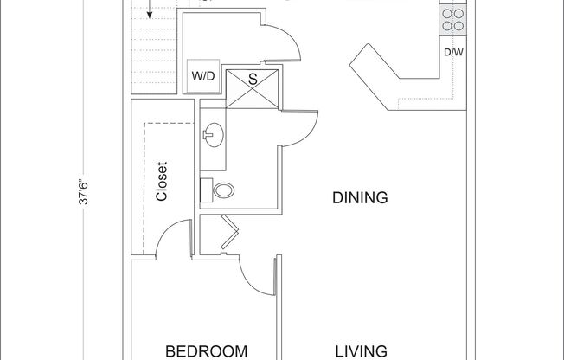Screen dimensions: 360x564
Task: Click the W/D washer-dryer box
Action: (203, 75)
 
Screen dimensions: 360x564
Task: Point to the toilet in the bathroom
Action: (221, 190)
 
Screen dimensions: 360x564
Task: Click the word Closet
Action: (162, 182)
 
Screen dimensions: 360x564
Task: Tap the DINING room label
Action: (360, 197)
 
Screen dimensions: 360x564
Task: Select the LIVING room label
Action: (360, 350)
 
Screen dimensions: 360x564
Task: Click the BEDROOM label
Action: (207, 350)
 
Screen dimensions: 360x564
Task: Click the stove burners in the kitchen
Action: (452, 19)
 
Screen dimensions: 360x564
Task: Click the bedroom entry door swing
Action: (257, 277)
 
